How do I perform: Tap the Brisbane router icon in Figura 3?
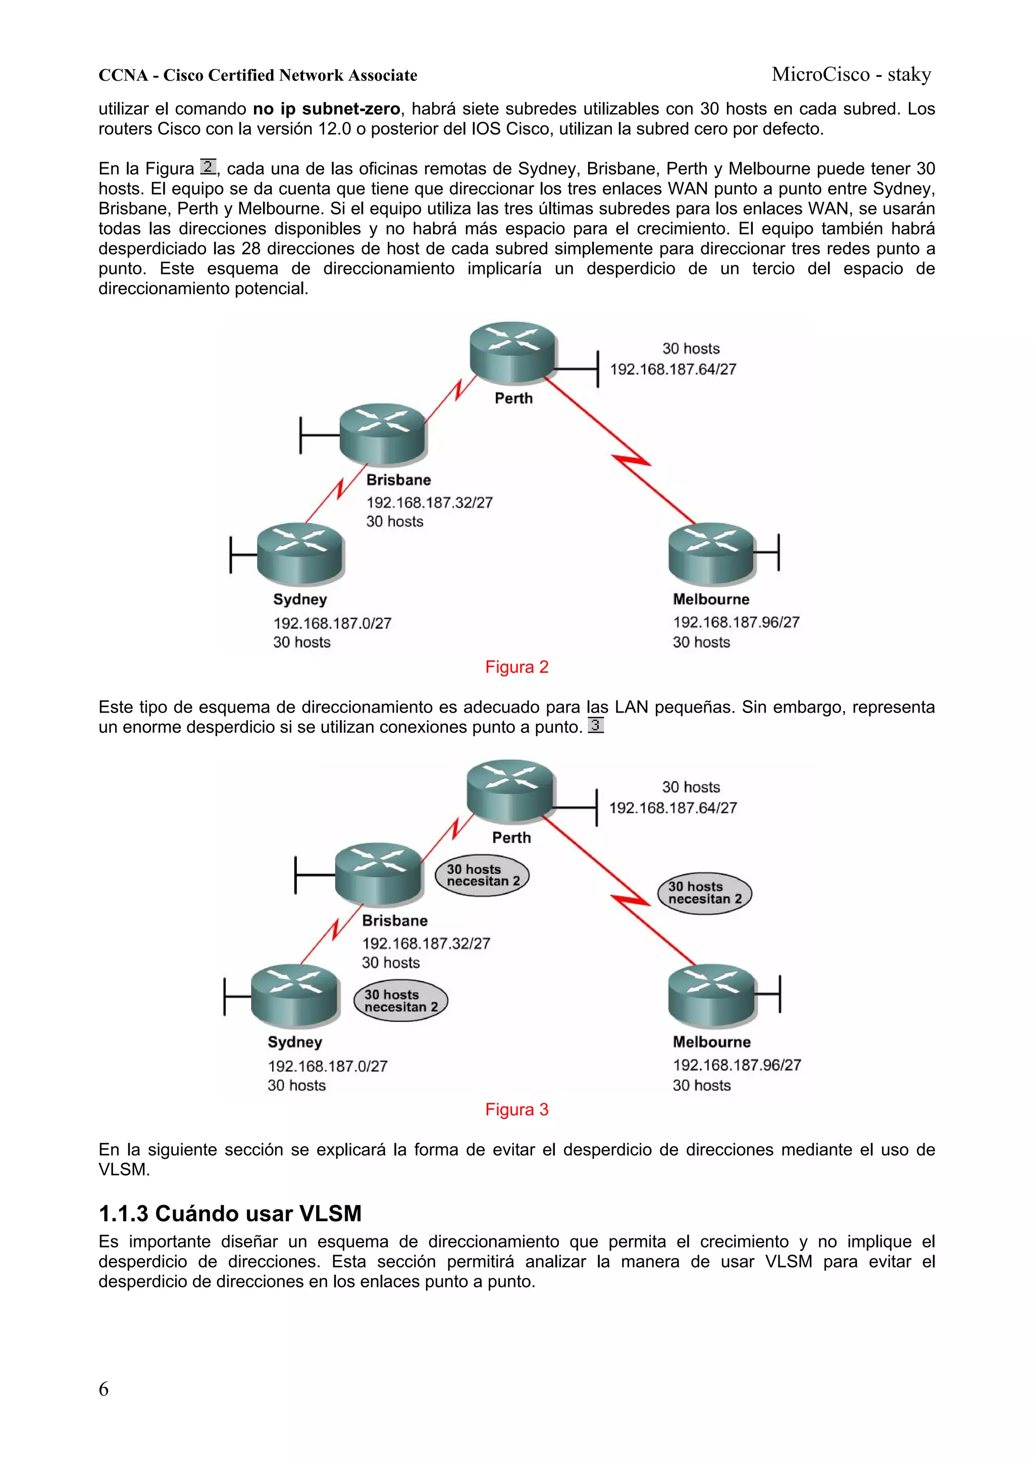pyautogui.click(x=379, y=874)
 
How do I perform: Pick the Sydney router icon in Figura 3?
pyautogui.click(x=294, y=996)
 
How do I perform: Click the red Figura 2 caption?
pyautogui.click(x=516, y=667)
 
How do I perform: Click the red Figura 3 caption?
pyautogui.click(x=516, y=1109)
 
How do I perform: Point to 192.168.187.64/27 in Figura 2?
pyautogui.click(x=673, y=369)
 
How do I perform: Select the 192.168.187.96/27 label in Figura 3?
pyautogui.click(x=737, y=1065)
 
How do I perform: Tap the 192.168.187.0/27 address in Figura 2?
pyautogui.click(x=332, y=623)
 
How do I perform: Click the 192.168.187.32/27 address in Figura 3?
pyautogui.click(x=426, y=943)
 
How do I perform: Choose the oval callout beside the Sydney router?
pyautogui.click(x=401, y=1000)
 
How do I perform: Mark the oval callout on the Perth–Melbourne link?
pyautogui.click(x=705, y=893)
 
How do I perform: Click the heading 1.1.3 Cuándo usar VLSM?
pyautogui.click(x=230, y=1213)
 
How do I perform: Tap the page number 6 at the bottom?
pyautogui.click(x=104, y=1389)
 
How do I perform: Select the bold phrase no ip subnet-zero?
pyautogui.click(x=326, y=109)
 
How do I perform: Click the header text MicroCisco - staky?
pyautogui.click(x=851, y=75)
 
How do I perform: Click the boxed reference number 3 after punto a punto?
pyautogui.click(x=595, y=725)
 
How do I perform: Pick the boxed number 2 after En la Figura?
pyautogui.click(x=208, y=167)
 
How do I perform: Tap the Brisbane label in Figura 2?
pyautogui.click(x=398, y=479)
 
